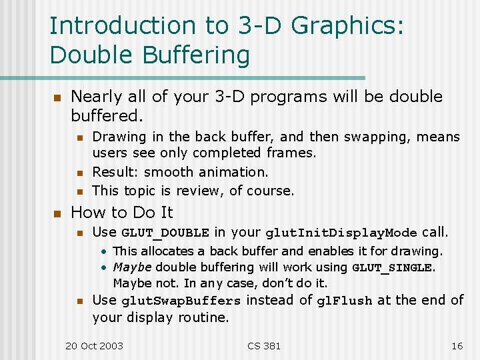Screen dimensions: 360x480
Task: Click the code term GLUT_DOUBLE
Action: click(x=165, y=233)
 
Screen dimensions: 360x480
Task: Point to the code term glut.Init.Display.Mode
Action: click(x=341, y=233)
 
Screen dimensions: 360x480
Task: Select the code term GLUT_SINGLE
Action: click(x=393, y=268)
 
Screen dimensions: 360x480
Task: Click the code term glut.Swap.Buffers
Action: click(x=181, y=301)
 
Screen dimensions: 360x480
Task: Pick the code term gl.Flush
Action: click(x=345, y=301)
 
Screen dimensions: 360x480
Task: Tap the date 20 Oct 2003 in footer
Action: click(x=94, y=345)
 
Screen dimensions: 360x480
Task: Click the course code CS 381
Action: click(x=264, y=345)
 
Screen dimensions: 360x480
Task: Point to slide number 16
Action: click(x=457, y=345)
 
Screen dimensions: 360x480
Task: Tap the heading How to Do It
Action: click(x=122, y=213)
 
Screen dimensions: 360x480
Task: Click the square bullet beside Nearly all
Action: click(x=57, y=98)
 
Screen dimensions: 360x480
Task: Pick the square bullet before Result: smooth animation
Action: click(x=79, y=173)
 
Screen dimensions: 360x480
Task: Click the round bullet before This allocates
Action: click(x=104, y=251)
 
